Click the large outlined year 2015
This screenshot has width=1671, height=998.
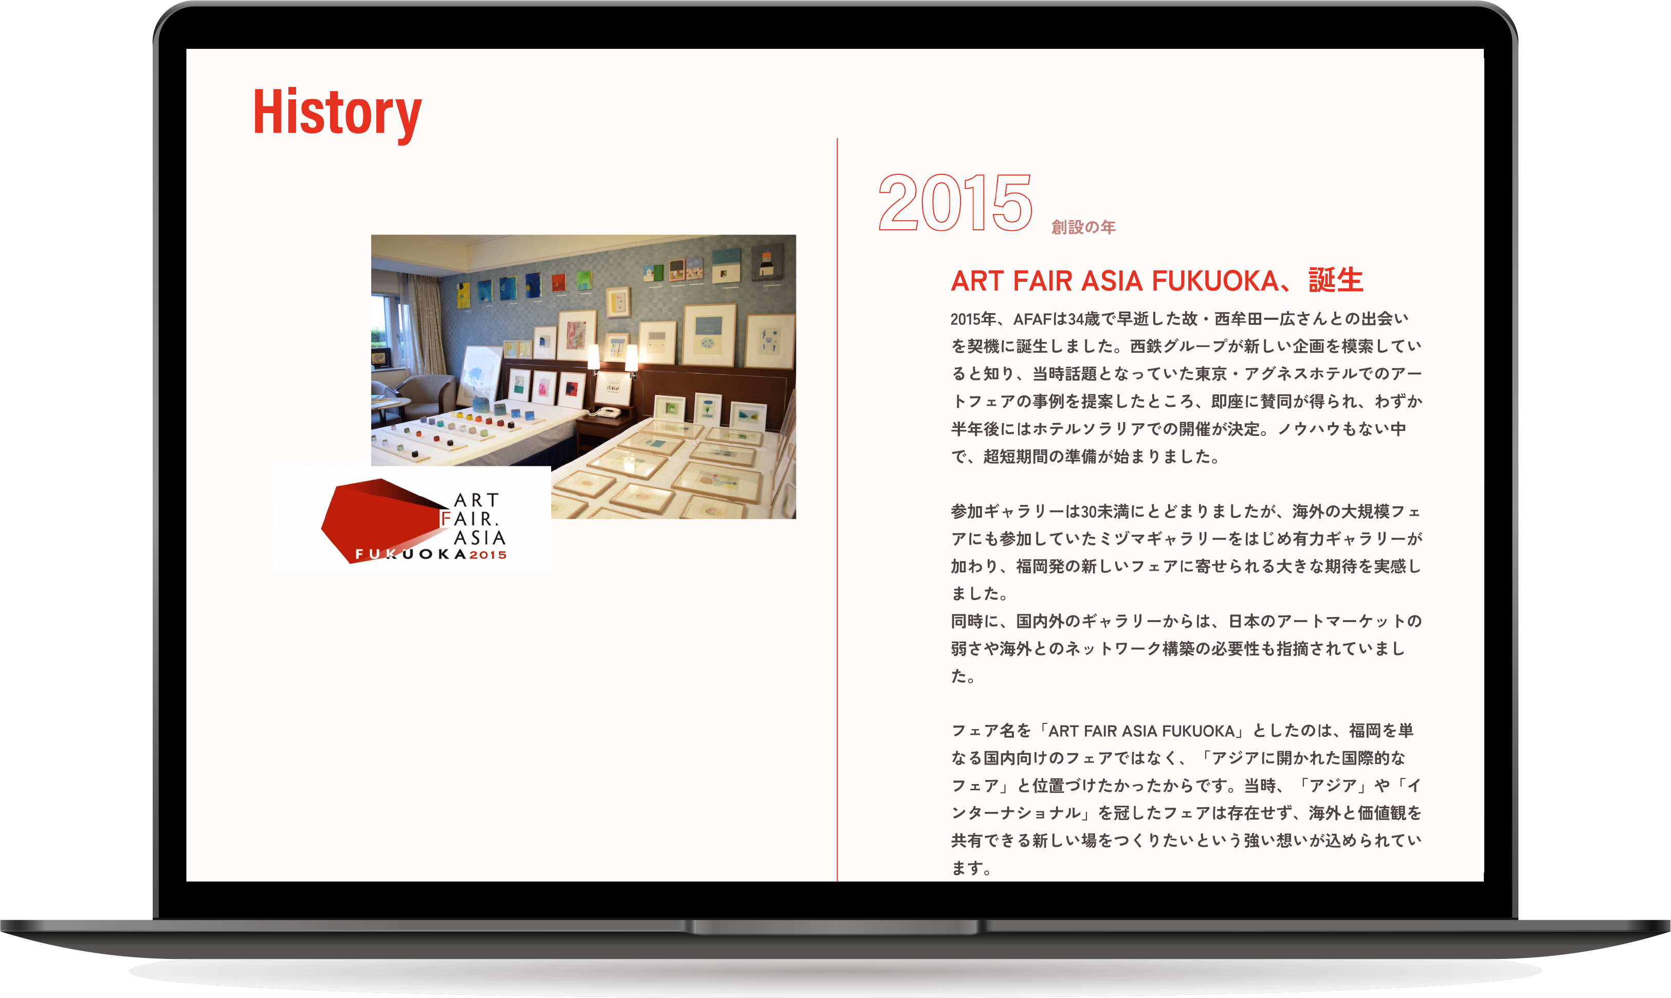(955, 202)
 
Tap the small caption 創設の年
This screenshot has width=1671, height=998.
(1083, 227)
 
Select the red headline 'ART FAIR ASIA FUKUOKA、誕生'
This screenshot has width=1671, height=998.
(1156, 280)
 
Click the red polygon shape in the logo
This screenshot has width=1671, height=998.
(376, 518)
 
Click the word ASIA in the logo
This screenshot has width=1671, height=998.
(479, 538)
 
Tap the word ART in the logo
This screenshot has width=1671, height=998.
(476, 500)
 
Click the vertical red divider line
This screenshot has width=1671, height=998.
(837, 509)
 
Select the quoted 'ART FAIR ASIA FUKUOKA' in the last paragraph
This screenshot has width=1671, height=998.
(1141, 731)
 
